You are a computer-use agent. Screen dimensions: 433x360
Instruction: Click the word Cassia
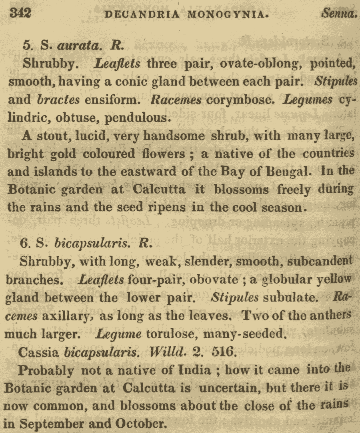[38, 352]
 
